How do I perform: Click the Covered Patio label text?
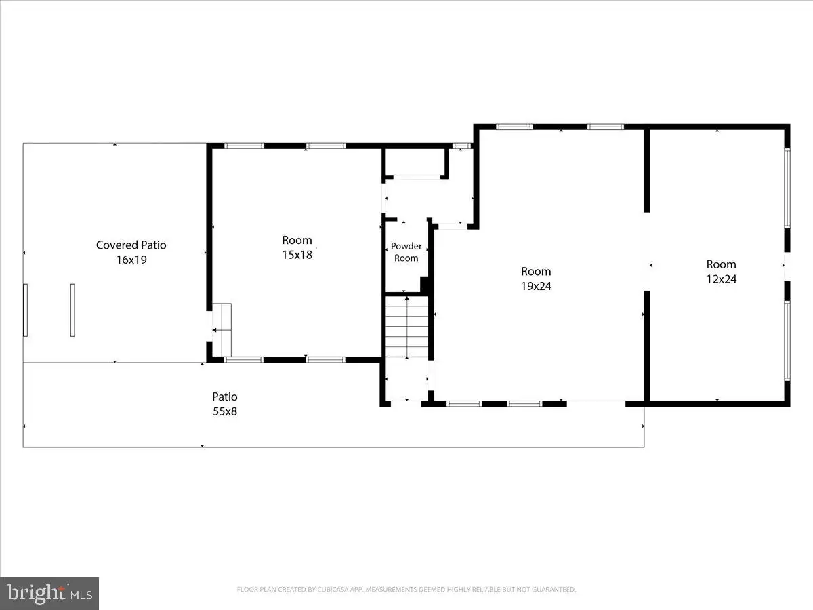(131, 245)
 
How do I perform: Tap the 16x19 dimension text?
(131, 260)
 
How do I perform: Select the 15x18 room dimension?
(297, 256)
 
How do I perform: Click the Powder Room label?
(406, 252)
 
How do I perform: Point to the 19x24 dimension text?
(537, 286)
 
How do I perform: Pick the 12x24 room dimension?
(722, 279)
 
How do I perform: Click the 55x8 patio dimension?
(225, 411)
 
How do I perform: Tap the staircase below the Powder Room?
(407, 327)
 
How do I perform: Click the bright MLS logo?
(49, 593)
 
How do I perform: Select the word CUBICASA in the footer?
(332, 589)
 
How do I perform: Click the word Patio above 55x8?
(225, 396)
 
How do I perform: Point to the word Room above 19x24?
(536, 272)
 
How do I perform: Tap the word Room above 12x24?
(721, 264)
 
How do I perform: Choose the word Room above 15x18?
(297, 241)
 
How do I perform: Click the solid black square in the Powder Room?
(425, 285)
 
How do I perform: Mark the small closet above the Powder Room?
(415, 163)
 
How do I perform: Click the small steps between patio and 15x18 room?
(222, 329)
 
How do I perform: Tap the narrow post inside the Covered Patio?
(72, 310)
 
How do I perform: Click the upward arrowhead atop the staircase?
(407, 298)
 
